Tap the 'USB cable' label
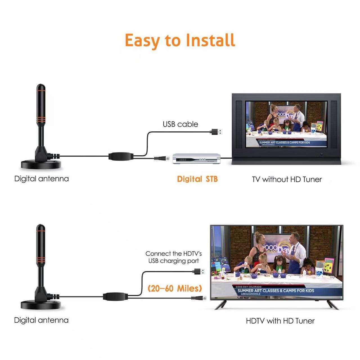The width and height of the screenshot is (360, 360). pos(180,124)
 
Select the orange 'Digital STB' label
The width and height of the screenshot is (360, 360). pos(197,179)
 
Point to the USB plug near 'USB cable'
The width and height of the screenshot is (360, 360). pos(217,131)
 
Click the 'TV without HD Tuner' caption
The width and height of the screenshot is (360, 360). pos(287,179)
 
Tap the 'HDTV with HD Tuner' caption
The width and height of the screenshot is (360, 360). pos(280,321)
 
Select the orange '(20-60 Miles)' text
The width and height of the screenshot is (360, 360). pos(175,288)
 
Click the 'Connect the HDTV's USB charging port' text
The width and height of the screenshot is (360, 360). pos(174,257)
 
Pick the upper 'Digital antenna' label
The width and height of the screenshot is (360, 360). pos(41,179)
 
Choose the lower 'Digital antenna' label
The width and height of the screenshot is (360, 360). pos(41,320)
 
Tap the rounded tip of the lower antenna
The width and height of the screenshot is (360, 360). pos(41,228)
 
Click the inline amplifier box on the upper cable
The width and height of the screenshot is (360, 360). pos(121,156)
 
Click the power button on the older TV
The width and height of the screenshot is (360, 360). pos(321,154)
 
